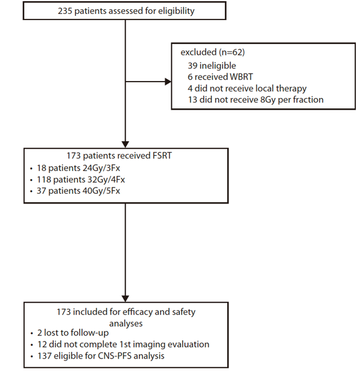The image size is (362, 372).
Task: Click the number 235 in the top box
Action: click(65, 11)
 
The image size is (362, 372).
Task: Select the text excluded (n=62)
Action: click(213, 52)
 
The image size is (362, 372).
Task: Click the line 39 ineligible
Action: click(212, 66)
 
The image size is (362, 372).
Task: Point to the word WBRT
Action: click(241, 77)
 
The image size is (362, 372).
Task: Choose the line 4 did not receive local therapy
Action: click(247, 88)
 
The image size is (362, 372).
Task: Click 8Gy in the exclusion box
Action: click(268, 100)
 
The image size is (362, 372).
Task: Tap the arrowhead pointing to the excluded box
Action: click(168, 82)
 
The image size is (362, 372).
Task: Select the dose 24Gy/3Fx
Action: click(101, 168)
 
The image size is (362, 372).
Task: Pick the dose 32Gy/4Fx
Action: click(106, 180)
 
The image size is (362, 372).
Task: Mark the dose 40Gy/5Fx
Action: click(101, 191)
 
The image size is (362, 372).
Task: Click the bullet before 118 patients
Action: click(31, 180)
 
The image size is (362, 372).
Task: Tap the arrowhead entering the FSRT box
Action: click(125, 144)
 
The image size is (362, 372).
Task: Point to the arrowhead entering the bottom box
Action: click(125, 298)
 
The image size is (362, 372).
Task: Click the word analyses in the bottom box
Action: click(126, 324)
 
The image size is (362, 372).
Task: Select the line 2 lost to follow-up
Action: click(73, 333)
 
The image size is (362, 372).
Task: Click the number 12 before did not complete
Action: click(42, 345)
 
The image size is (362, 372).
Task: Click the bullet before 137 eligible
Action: click(32, 357)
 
